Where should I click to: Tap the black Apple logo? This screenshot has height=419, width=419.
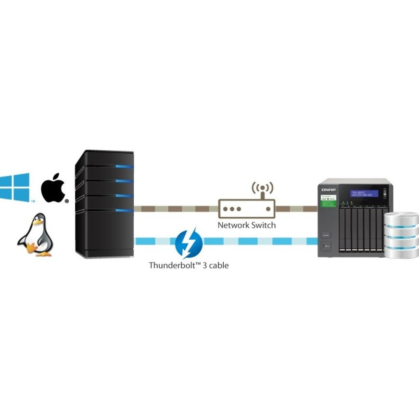tap(53, 189)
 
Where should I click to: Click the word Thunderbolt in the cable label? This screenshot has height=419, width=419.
tap(171, 265)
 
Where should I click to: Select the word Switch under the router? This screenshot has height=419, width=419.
tap(263, 225)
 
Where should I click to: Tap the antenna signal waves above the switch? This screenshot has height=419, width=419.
tap(263, 188)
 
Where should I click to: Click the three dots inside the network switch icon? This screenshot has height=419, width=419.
tap(232, 209)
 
